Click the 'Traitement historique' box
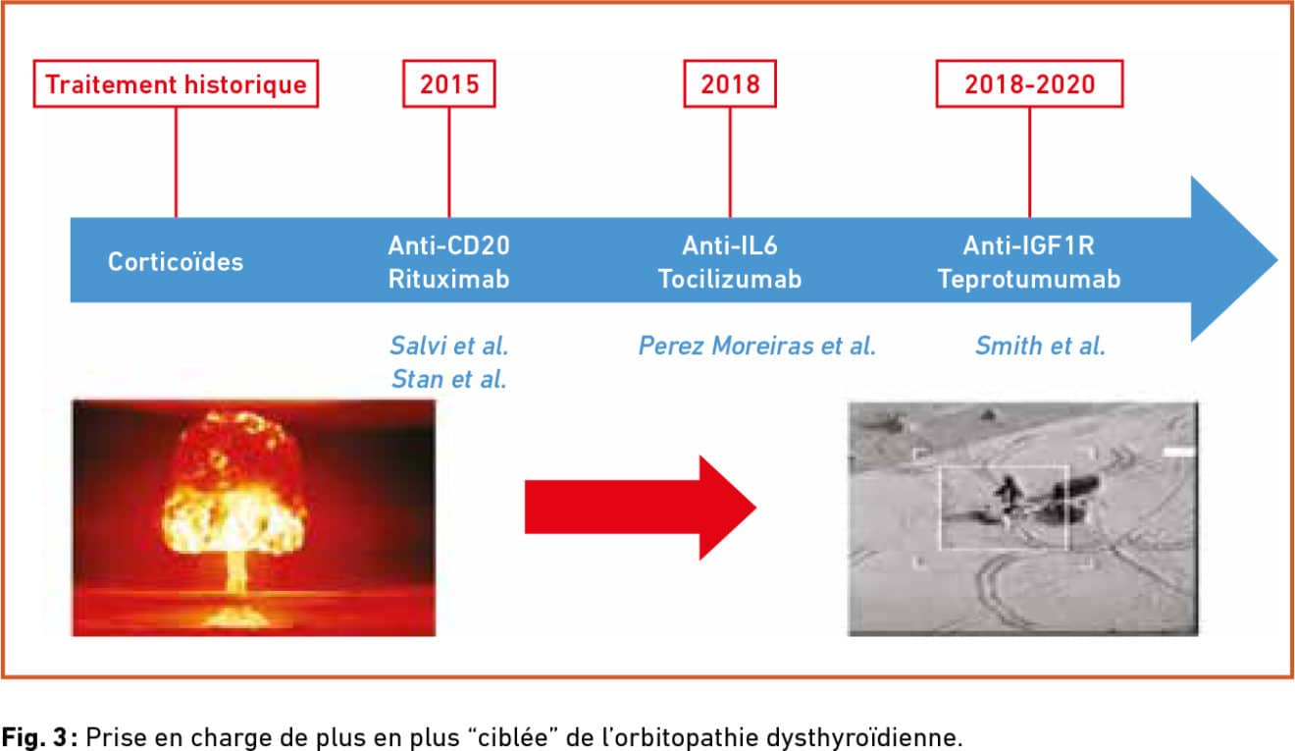(x=176, y=83)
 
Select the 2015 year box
(x=449, y=83)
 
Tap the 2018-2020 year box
(x=1030, y=83)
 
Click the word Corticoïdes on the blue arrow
(x=176, y=262)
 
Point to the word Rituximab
(x=449, y=280)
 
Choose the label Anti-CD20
(x=449, y=245)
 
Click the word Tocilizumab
(x=730, y=280)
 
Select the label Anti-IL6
(x=730, y=245)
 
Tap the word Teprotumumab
(x=1030, y=280)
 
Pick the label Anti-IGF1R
(x=1030, y=245)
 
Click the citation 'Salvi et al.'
(x=449, y=346)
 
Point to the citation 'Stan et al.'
(x=449, y=380)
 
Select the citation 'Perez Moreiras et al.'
(x=757, y=346)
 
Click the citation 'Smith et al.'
(x=1041, y=346)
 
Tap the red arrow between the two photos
(x=641, y=508)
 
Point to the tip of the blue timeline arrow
(x=1278, y=260)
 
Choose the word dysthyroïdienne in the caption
(x=864, y=737)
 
